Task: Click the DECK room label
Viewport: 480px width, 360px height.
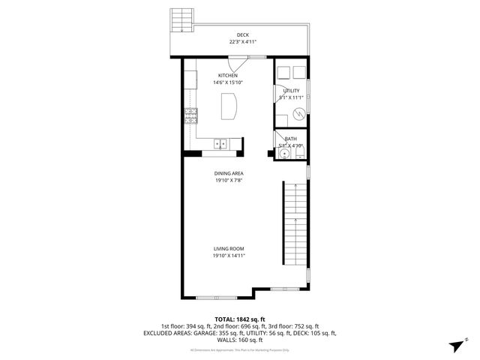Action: coord(242,34)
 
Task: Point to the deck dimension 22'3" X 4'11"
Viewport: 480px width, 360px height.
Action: coord(242,42)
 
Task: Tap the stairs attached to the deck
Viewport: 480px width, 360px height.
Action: coord(181,20)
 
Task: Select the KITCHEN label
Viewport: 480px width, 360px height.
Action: coord(228,76)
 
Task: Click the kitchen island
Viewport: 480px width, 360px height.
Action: coord(229,106)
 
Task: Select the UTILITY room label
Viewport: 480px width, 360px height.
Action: coord(291,90)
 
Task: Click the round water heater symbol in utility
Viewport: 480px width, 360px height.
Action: coord(299,114)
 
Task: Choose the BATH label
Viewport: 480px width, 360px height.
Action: coord(291,139)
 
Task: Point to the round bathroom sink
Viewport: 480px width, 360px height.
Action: coord(283,154)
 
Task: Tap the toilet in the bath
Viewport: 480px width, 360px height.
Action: coord(300,154)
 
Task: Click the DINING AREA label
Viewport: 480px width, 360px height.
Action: coord(228,173)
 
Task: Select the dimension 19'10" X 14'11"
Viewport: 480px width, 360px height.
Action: coord(228,256)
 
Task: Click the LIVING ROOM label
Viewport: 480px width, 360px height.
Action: coord(228,248)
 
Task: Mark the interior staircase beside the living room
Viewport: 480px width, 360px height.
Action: coord(295,232)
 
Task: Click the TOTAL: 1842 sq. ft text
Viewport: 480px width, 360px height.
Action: coord(240,319)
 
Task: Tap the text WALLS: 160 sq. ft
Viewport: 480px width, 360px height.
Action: coord(240,339)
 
